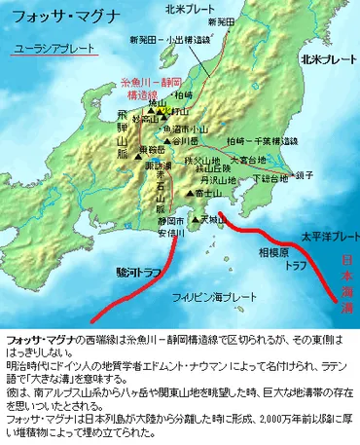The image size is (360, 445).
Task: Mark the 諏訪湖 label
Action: (147, 168)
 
